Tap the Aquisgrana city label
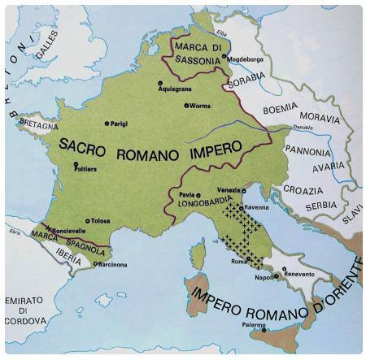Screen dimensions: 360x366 [x=181, y=89]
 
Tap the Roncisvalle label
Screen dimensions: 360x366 [x=72, y=232]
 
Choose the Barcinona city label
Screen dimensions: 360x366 [x=111, y=263]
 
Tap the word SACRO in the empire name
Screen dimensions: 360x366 [x=87, y=144]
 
